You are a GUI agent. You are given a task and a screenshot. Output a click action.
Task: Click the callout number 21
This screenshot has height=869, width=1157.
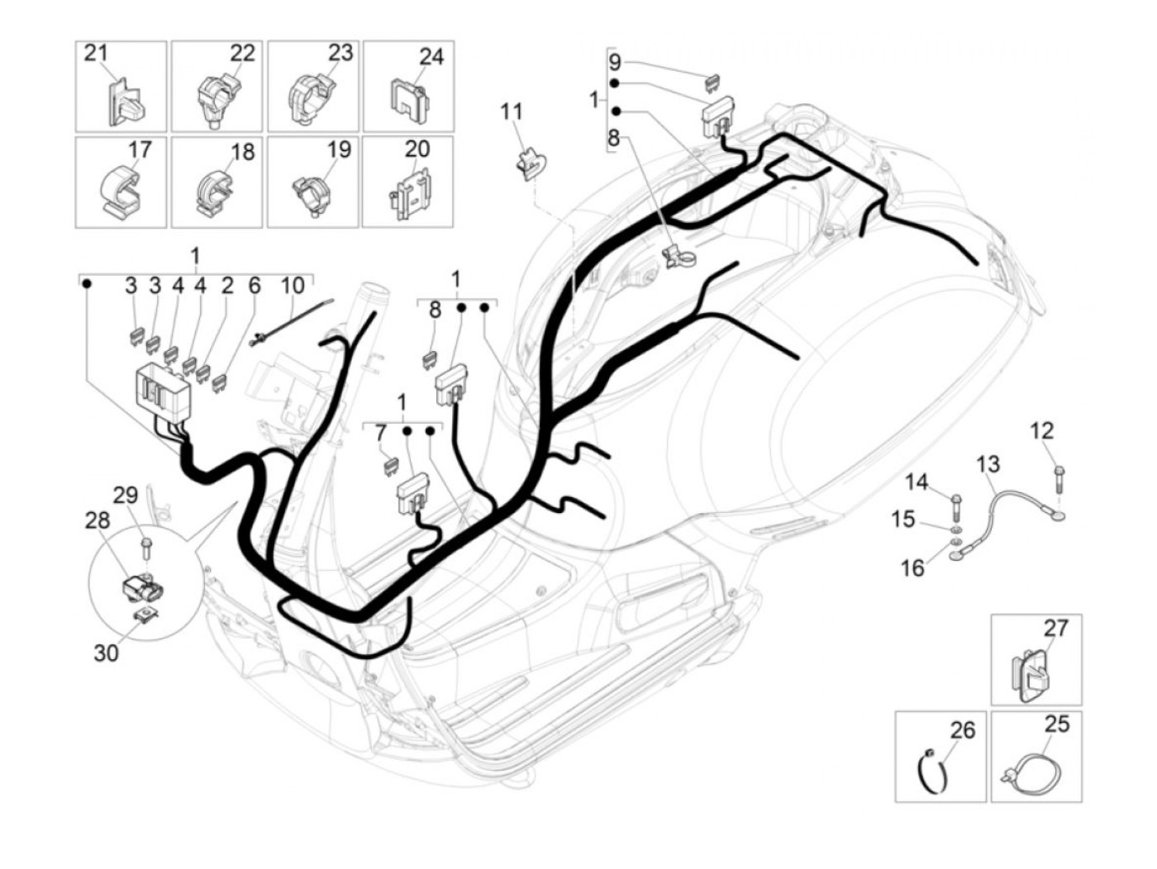pyautogui.click(x=97, y=54)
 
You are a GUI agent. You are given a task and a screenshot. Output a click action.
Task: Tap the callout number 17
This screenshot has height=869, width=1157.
pyautogui.click(x=140, y=150)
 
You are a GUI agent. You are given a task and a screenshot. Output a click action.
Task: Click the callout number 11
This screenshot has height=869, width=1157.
pyautogui.click(x=512, y=112)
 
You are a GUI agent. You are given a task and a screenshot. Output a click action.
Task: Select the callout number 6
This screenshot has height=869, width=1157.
pyautogui.click(x=255, y=286)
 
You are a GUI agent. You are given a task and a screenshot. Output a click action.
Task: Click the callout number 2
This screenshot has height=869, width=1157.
pyautogui.click(x=228, y=286)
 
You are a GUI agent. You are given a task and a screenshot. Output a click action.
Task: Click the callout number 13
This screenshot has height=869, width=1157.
pyautogui.click(x=988, y=463)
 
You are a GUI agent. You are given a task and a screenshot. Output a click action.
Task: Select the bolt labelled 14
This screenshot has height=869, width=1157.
pyautogui.click(x=956, y=501)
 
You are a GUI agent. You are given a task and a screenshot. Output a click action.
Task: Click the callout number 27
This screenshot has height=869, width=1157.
pyautogui.click(x=1055, y=629)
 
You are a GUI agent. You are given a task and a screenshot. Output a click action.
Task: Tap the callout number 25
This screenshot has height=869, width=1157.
pyautogui.click(x=1057, y=724)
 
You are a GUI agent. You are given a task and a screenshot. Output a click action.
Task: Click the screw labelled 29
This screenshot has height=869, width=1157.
pyautogui.click(x=146, y=546)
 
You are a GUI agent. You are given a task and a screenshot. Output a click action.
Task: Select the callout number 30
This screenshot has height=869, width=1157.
pyautogui.click(x=106, y=653)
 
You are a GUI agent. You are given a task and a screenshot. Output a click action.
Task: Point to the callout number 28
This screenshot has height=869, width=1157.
pyautogui.click(x=97, y=521)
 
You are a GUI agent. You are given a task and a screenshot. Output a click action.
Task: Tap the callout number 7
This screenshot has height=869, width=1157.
pyautogui.click(x=380, y=433)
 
